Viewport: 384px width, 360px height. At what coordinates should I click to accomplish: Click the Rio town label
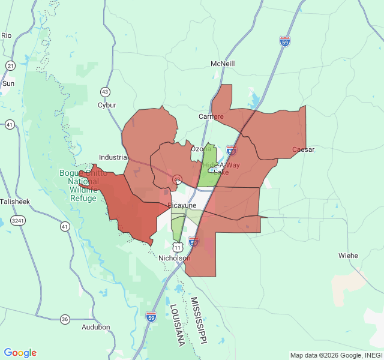pyautogui.click(x=7, y=35)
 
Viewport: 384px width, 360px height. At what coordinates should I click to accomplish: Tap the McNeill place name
pyautogui.click(x=223, y=64)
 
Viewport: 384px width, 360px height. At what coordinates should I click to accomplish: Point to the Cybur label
pyautogui.click(x=107, y=105)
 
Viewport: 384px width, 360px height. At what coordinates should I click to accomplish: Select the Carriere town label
pyautogui.click(x=211, y=116)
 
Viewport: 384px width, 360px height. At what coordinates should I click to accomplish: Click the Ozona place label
pyautogui.click(x=201, y=149)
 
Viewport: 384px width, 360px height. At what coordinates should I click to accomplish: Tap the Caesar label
pyautogui.click(x=303, y=149)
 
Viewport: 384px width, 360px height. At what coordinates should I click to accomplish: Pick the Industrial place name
pyautogui.click(x=113, y=157)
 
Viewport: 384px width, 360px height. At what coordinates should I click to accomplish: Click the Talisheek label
pyautogui.click(x=14, y=202)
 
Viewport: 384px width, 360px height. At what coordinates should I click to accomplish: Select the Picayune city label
pyautogui.click(x=182, y=205)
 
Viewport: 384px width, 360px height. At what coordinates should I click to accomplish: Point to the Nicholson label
pyautogui.click(x=174, y=258)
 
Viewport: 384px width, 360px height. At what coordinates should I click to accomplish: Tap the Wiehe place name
pyautogui.click(x=348, y=256)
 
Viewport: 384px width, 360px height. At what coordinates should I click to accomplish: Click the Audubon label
pyautogui.click(x=96, y=327)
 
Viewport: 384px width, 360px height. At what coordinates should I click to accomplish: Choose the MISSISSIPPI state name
pyautogui.click(x=199, y=320)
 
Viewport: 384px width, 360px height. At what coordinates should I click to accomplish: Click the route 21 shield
pyautogui.click(x=11, y=65)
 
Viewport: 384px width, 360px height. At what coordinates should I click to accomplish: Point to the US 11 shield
pyautogui.click(x=178, y=247)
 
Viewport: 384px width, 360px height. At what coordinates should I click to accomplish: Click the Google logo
pyautogui.click(x=20, y=353)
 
